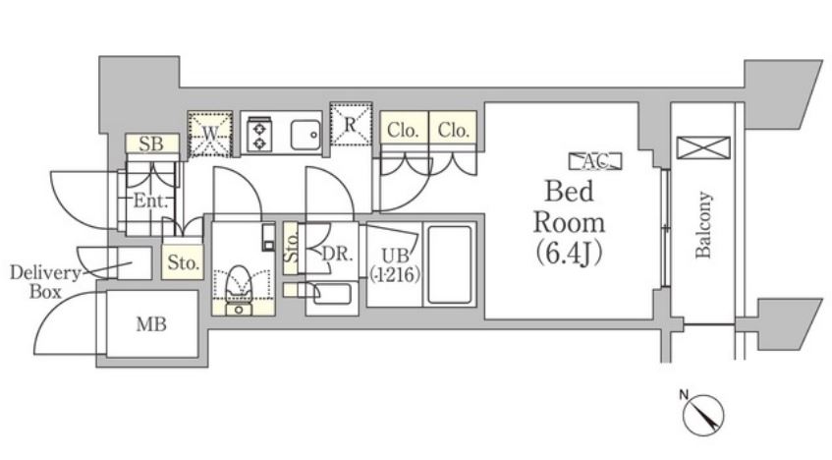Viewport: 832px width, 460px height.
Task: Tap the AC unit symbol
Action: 595,161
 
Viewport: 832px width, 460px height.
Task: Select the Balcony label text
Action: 703,225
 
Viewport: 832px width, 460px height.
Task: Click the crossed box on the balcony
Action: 704,147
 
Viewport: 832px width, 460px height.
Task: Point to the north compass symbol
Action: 702,412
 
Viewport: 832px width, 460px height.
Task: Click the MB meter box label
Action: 151,324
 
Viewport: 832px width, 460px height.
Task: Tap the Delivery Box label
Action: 44,282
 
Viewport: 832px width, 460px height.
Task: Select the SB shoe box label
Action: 151,144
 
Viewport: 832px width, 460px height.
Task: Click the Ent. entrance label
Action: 150,201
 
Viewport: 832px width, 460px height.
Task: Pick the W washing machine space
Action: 210,135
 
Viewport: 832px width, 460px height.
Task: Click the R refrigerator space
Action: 351,124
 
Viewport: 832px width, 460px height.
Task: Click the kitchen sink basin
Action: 305,135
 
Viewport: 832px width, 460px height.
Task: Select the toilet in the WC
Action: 239,290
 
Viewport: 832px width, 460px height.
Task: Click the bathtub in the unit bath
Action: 450,265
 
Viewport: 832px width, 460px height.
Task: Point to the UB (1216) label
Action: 395,265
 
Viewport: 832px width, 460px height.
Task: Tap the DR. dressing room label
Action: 337,254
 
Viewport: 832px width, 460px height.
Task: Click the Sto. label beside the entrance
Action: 183,262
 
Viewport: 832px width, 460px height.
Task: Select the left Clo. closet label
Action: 404,130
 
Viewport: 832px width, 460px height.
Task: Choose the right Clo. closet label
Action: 453,130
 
